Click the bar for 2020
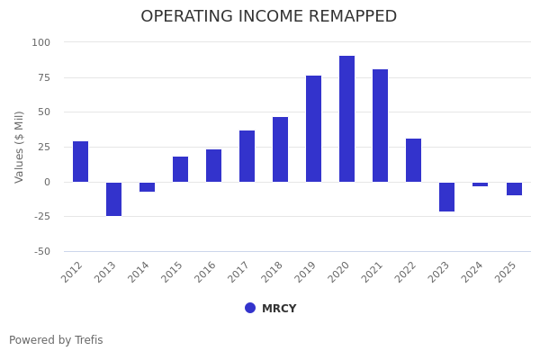pos(346,119)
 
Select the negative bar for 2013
pos(113,199)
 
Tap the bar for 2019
pos(313,129)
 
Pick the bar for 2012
pos(80,161)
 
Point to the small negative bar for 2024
pos(480,184)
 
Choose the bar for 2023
pos(446,196)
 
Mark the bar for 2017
pos(247,156)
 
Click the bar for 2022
pos(413,160)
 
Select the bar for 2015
pos(180,169)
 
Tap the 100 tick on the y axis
pos(41,42)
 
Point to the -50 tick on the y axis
pos(41,251)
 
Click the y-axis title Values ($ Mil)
pos(20,147)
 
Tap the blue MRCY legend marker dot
pos(250,308)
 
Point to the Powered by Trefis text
pos(56,340)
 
